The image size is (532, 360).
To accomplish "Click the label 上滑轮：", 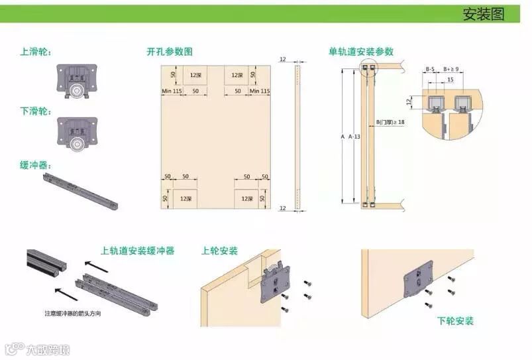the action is [x=36, y=52].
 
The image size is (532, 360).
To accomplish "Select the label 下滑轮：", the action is [x=36, y=110].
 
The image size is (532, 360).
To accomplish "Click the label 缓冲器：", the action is [x=36, y=165].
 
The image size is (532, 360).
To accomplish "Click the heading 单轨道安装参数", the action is [x=360, y=52].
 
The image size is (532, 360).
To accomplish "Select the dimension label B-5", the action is [x=430, y=69].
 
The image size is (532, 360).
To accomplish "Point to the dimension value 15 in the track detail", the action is [x=450, y=80].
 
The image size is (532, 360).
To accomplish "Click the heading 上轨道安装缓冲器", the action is [x=137, y=251].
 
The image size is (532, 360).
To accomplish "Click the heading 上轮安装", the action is [x=219, y=251].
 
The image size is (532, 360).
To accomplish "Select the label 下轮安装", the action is [x=455, y=321].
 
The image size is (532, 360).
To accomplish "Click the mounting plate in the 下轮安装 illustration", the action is [x=418, y=282].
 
